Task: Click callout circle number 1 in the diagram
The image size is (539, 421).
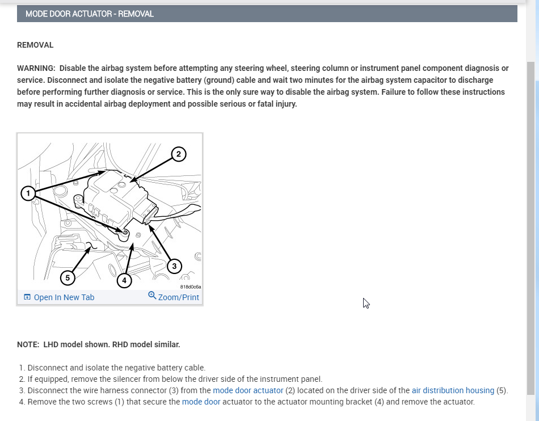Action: tap(28, 194)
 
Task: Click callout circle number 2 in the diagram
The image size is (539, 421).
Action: tap(178, 154)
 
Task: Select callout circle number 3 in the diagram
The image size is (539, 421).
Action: tap(174, 266)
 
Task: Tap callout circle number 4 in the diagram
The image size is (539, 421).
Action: tap(124, 280)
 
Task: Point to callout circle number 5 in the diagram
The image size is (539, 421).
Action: tap(68, 277)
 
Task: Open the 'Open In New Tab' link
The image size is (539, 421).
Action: tap(64, 297)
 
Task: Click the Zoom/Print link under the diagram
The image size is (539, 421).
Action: tap(179, 297)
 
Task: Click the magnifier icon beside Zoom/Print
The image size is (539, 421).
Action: tap(152, 296)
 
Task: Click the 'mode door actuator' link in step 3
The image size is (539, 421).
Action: tap(248, 390)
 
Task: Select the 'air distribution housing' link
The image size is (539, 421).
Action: tap(453, 390)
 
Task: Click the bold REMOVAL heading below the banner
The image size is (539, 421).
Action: tap(35, 45)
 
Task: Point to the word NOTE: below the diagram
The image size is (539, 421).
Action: tap(28, 344)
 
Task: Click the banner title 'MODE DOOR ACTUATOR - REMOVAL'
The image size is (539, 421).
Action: tap(90, 14)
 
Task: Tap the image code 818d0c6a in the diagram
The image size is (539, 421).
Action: tap(191, 287)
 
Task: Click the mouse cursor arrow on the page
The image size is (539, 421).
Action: tap(366, 303)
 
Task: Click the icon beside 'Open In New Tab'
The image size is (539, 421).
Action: tap(27, 297)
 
